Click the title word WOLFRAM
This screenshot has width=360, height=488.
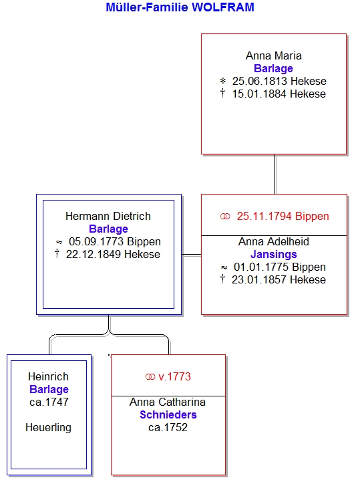(223, 7)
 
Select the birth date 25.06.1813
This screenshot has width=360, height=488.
(260, 82)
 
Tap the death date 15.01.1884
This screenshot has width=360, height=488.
(260, 94)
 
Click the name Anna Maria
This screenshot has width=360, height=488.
(274, 55)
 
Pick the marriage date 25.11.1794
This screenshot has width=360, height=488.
(264, 216)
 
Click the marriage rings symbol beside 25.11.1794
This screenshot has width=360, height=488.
(225, 217)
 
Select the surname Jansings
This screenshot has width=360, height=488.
(274, 254)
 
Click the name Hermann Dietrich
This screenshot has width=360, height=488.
(108, 216)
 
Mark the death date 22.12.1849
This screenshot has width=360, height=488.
(94, 254)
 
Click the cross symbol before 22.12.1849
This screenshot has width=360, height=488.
(57, 253)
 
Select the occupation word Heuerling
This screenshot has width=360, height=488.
(48, 427)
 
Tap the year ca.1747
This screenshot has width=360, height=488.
(49, 402)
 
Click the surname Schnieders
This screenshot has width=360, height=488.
(168, 414)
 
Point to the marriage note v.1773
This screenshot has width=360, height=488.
(174, 376)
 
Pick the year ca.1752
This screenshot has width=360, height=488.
(168, 427)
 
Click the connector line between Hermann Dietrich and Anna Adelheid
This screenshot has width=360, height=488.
(191, 255)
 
